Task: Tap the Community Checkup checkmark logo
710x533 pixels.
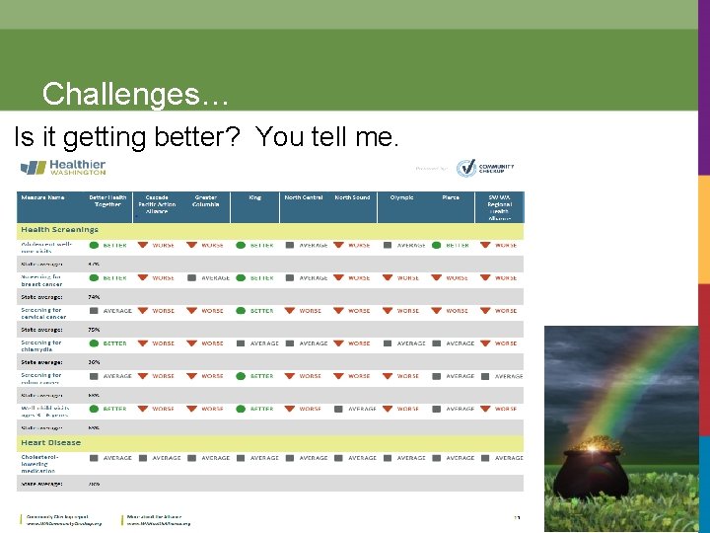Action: point(466,168)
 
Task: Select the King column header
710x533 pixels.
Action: point(255,197)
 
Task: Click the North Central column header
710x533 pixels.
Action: point(304,197)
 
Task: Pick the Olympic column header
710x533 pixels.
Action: point(401,197)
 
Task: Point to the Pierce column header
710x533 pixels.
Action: point(451,197)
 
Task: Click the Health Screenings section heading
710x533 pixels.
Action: point(59,229)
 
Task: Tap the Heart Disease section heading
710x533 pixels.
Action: point(51,443)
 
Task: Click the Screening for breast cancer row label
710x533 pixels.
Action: point(41,280)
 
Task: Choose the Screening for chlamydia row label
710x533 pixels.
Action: point(41,345)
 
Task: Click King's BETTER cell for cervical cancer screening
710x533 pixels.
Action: point(255,311)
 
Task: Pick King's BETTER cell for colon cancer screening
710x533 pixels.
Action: point(255,376)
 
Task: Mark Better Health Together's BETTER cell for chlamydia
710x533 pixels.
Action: point(108,343)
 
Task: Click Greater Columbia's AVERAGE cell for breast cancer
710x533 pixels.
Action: point(209,278)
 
